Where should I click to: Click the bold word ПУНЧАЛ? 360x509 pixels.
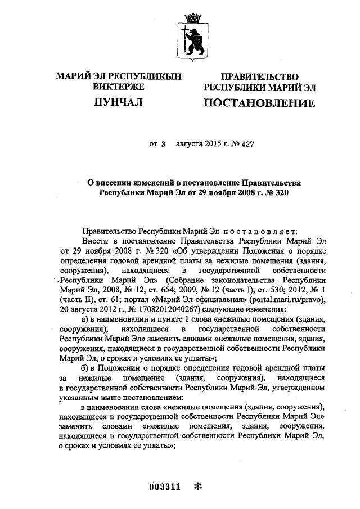118,102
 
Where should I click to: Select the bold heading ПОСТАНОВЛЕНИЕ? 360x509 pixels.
259,103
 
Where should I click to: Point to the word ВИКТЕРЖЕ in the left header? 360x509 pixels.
118,87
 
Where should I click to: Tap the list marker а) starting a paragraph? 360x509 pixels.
86,319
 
